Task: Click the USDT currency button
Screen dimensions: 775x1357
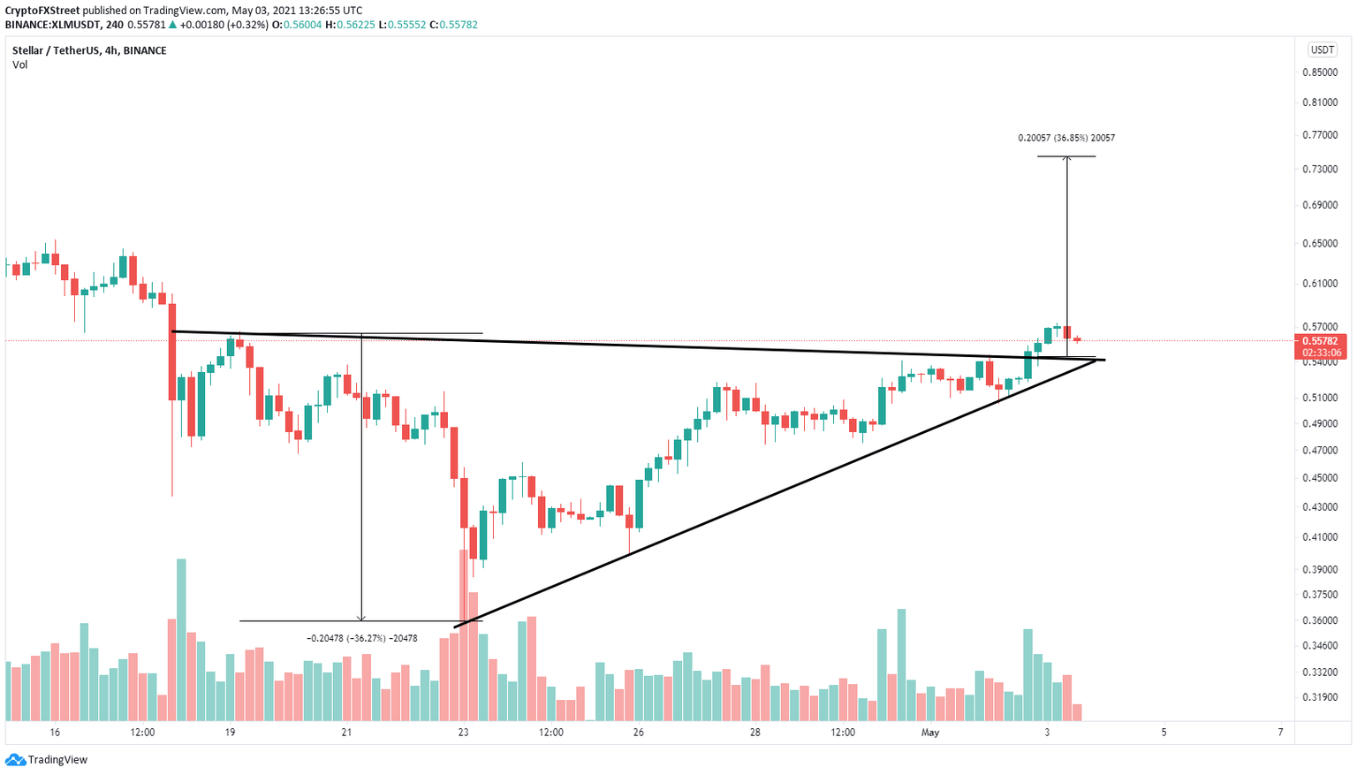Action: (x=1323, y=50)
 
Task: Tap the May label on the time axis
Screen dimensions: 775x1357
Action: (x=929, y=733)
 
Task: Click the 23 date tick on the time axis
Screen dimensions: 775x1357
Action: (x=464, y=733)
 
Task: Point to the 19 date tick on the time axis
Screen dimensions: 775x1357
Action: (x=230, y=733)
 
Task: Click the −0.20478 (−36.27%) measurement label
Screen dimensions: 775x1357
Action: (x=361, y=638)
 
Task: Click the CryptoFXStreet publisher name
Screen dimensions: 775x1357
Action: (x=42, y=11)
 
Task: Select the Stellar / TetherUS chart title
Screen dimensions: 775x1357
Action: (x=89, y=50)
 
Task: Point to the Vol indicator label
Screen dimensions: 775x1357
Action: (x=19, y=65)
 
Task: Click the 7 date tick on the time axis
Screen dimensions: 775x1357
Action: (x=1280, y=733)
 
